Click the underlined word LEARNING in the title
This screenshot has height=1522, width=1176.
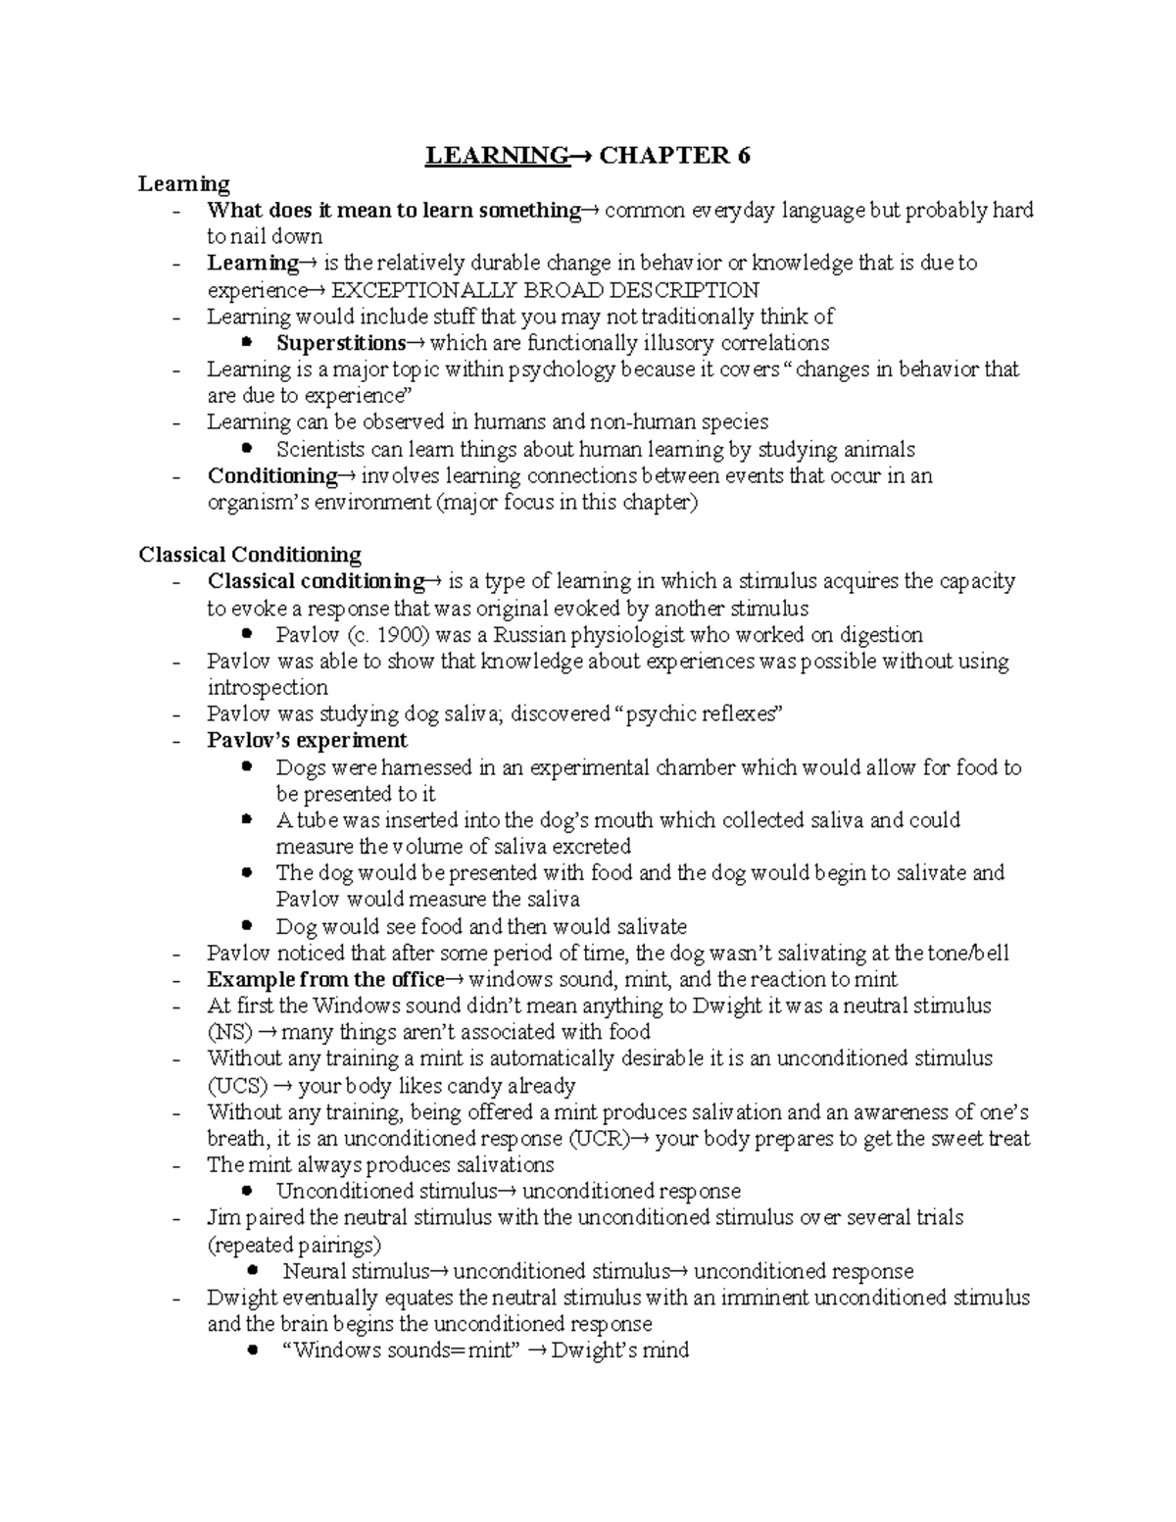coord(496,156)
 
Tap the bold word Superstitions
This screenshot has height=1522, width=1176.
coord(340,343)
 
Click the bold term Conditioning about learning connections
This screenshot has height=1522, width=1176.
coord(271,476)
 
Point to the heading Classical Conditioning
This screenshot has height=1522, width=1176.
coord(250,555)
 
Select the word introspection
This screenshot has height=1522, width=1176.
coord(268,688)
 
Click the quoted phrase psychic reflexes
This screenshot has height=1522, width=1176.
coord(697,714)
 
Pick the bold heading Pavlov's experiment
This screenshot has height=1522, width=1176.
coord(307,741)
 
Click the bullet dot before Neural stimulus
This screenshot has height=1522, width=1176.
coord(253,1270)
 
